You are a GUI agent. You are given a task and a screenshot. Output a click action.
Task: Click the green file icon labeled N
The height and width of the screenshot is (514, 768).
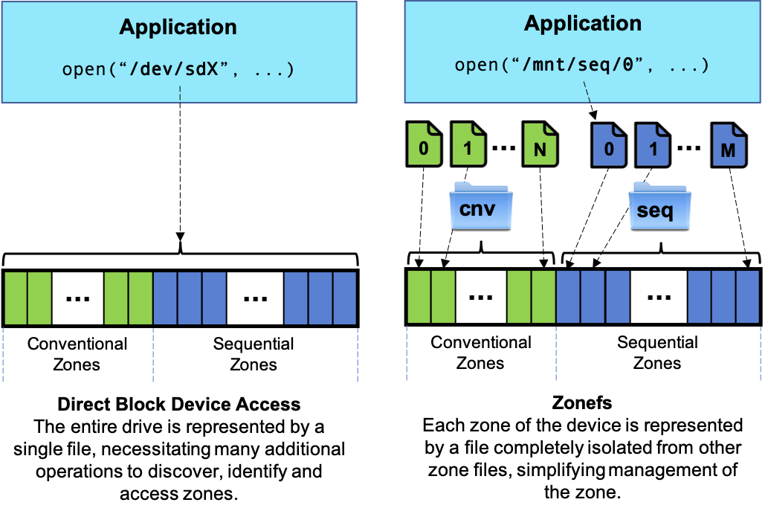[540, 144]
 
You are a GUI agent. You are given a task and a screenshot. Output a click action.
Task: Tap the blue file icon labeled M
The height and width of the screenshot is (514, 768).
[729, 146]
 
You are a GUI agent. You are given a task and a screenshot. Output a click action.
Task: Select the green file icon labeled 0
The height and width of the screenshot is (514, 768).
[425, 144]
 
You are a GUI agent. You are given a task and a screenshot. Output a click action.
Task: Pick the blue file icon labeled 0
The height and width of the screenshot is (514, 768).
[609, 145]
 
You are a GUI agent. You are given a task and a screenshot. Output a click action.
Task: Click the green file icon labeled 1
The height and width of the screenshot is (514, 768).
[468, 144]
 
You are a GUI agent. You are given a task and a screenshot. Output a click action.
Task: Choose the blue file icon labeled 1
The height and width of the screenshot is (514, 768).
[653, 145]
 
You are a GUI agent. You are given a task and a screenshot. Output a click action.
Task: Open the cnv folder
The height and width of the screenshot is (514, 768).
[481, 206]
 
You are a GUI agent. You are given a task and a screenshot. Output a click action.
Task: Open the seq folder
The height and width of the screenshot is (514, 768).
[659, 206]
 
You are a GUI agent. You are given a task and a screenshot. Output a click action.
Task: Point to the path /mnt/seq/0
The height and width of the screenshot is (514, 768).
[578, 65]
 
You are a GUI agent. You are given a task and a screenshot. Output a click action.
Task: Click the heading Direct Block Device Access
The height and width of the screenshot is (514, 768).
[178, 404]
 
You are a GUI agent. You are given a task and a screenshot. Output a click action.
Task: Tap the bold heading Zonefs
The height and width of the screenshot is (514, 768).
[582, 402]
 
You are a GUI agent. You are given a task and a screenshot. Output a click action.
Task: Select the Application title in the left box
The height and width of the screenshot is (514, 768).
[178, 27]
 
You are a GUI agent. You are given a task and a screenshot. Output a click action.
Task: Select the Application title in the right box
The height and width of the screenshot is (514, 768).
[583, 24]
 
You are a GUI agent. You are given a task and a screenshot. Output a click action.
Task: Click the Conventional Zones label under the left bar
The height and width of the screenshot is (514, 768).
[77, 354]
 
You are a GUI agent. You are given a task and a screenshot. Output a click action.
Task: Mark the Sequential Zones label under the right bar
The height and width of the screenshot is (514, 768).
[657, 353]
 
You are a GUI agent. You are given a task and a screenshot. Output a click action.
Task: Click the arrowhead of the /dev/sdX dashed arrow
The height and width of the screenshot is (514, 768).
[180, 237]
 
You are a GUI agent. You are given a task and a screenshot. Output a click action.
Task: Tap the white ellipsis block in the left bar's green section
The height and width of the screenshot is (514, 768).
[78, 298]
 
